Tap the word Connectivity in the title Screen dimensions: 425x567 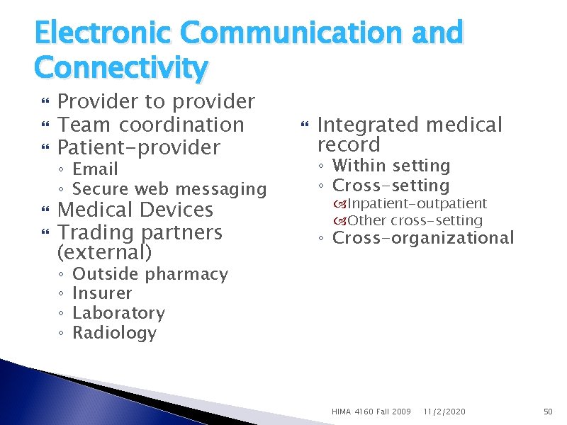[120, 68]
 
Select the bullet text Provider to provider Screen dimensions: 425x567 [156, 102]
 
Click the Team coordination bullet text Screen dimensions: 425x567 [150, 125]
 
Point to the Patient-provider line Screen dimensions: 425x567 [139, 147]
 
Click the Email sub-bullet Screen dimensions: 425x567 [95, 169]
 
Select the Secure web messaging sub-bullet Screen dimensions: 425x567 [169, 189]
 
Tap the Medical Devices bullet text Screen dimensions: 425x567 [135, 210]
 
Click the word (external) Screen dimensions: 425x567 [104, 252]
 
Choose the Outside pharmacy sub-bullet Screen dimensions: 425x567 [150, 274]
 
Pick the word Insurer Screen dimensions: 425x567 [102, 293]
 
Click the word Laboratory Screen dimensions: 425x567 [118, 313]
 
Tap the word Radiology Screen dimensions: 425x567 [114, 333]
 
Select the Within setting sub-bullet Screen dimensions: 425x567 [391, 166]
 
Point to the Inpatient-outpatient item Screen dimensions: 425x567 [417, 204]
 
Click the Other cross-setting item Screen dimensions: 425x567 [415, 221]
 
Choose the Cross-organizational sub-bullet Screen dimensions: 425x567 [423, 238]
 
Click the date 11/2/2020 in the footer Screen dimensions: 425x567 [444, 412]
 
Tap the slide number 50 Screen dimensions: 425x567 [547, 412]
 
